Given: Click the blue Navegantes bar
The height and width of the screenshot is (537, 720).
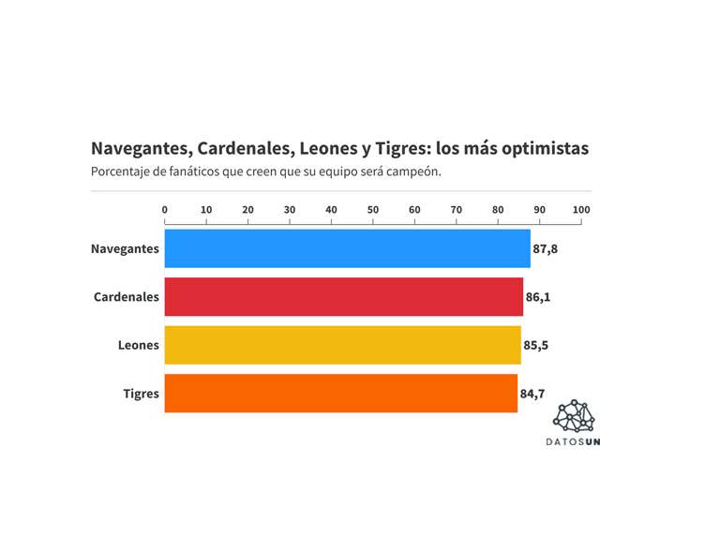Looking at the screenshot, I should [x=347, y=248].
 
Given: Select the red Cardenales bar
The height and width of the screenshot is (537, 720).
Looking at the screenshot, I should [x=343, y=297].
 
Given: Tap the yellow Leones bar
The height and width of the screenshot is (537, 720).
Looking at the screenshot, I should [x=342, y=345].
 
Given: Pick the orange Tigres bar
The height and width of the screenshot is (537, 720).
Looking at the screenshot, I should [x=340, y=394].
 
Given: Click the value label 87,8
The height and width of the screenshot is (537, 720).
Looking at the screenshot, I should [x=546, y=249].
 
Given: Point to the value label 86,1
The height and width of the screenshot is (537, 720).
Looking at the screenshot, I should [x=538, y=297].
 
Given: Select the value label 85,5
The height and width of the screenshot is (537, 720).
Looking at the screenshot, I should [x=536, y=346].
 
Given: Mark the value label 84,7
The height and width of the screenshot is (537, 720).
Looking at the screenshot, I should [x=532, y=394].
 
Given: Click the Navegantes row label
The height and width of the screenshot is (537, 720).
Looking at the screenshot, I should [x=125, y=249].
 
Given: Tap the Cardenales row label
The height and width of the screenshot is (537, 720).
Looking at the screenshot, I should [x=127, y=297].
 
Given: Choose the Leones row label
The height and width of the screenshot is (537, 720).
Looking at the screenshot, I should [x=138, y=346].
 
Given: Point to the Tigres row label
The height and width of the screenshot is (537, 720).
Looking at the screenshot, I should [x=141, y=394].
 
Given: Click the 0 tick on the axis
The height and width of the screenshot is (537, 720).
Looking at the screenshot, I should [x=165, y=209].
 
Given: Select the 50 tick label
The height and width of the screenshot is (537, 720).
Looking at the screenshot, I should [x=373, y=209].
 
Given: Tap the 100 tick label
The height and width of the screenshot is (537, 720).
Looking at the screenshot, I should [x=581, y=209].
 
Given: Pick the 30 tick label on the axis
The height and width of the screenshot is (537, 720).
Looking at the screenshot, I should [x=290, y=209].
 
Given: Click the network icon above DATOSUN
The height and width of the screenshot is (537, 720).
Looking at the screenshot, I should [x=574, y=416].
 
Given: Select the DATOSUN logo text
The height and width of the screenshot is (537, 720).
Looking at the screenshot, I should [x=573, y=441].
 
